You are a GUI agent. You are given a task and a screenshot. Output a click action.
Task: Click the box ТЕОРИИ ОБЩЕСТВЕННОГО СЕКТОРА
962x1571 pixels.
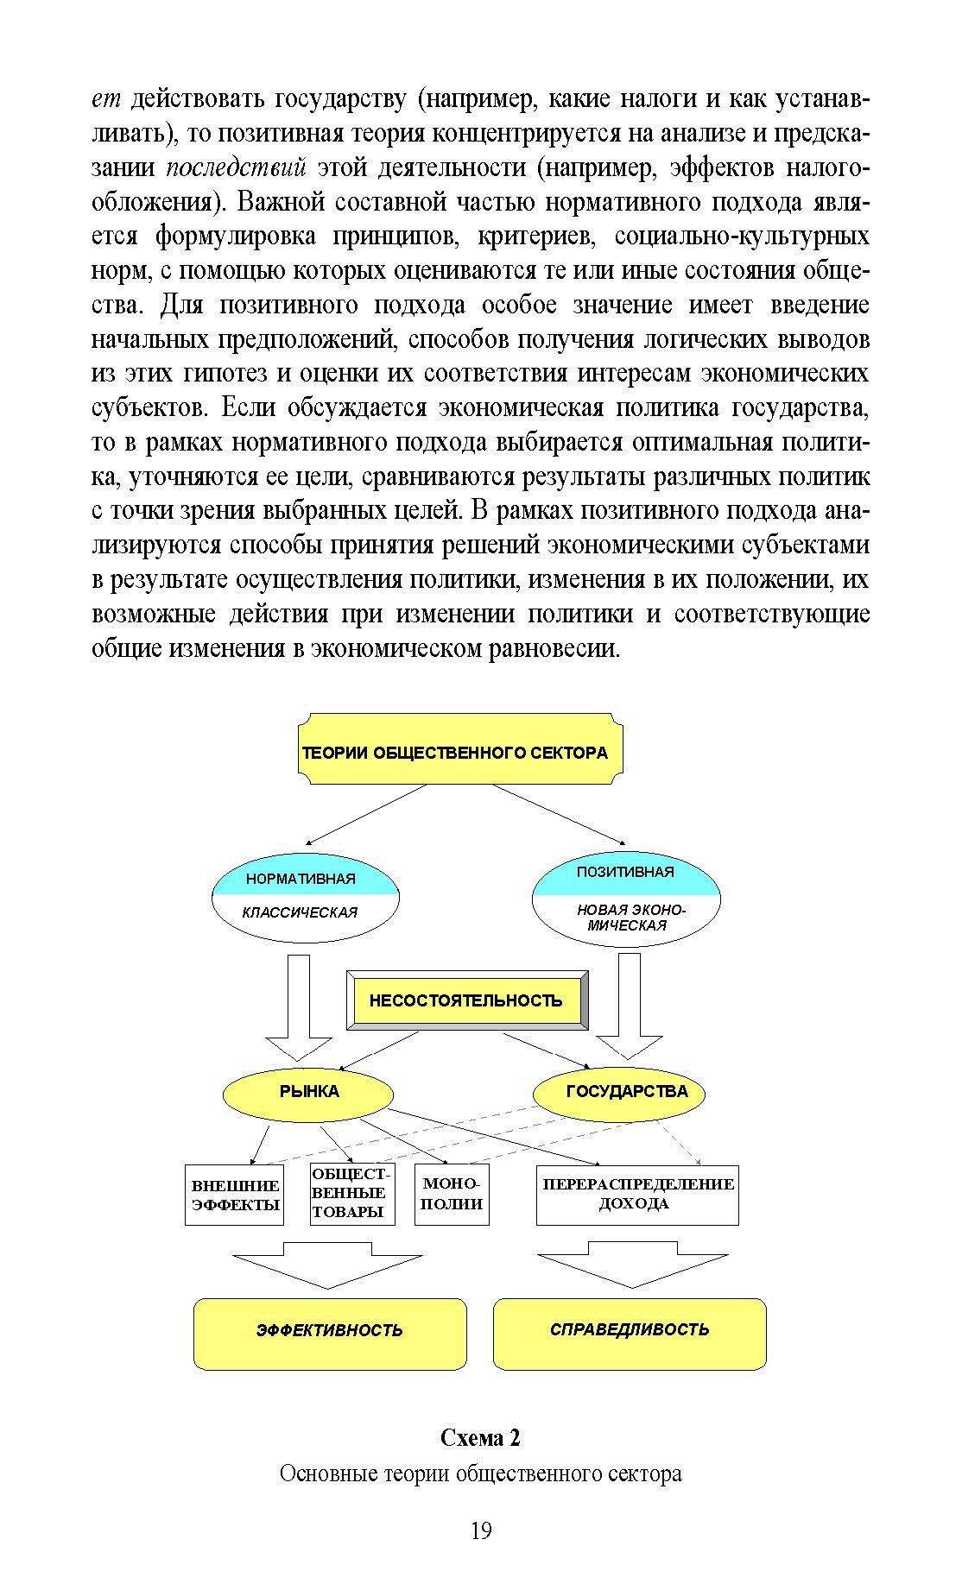point(463,749)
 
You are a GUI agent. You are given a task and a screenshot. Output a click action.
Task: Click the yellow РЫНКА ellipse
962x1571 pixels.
point(308,1091)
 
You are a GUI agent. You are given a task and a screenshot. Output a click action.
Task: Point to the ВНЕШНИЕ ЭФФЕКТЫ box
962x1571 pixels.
point(235,1196)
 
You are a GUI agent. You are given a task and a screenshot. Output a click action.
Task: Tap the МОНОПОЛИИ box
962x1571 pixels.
point(452,1195)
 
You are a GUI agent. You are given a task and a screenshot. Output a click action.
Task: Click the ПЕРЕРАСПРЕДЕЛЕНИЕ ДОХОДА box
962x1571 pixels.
point(637,1195)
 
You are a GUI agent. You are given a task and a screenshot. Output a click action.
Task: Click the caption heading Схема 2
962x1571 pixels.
point(480,1438)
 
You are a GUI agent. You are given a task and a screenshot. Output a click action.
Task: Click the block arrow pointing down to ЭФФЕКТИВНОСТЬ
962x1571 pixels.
point(328,1264)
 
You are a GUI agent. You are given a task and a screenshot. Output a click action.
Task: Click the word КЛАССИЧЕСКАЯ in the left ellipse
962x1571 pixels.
point(300,912)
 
